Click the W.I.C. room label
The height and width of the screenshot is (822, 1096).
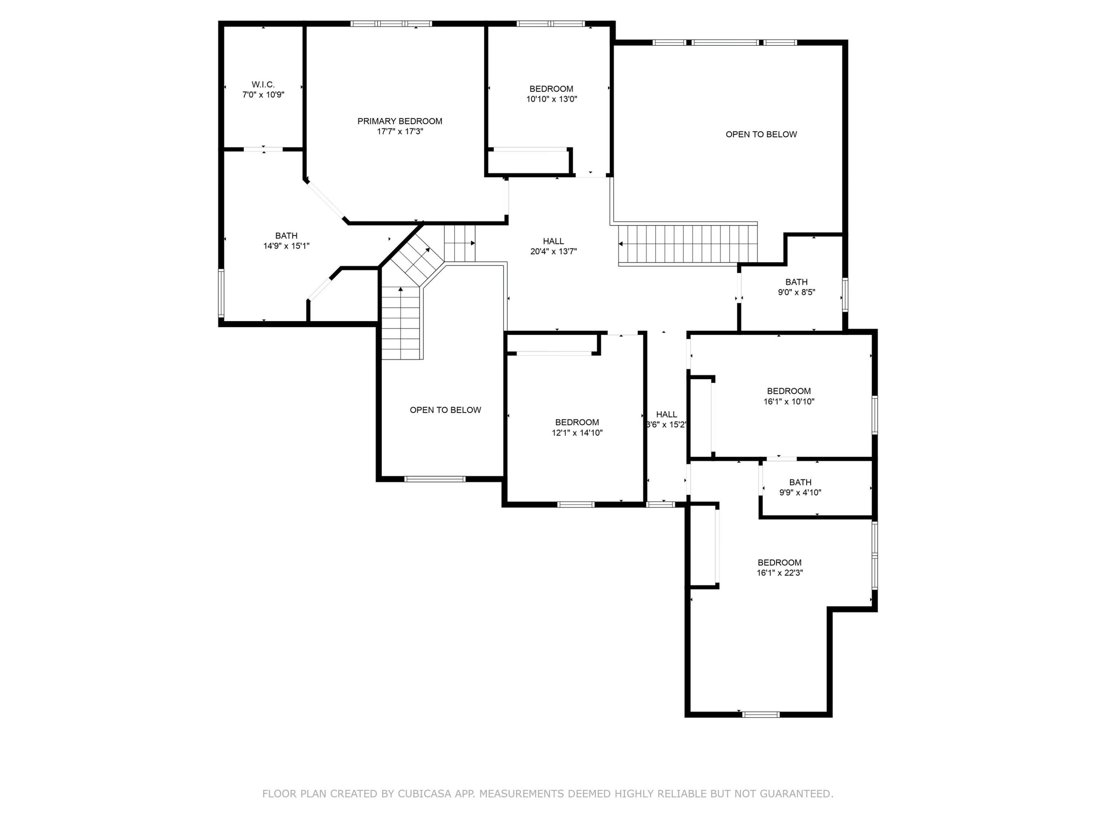[x=263, y=85]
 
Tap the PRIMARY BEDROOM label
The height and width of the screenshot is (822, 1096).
[x=399, y=121]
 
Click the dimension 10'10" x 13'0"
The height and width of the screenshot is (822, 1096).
[x=551, y=99]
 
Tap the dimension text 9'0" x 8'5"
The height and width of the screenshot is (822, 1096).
[x=796, y=292]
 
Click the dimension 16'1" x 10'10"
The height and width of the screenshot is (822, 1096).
[x=788, y=402]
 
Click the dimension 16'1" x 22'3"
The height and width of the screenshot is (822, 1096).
[x=779, y=573]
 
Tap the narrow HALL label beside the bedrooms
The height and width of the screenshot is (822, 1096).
[x=666, y=415]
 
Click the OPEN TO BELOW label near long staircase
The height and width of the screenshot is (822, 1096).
[x=761, y=134]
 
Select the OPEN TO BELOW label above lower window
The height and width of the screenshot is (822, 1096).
[x=445, y=410]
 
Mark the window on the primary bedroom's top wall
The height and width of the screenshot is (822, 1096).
[x=391, y=23]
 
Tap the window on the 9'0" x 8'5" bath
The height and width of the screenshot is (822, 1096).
[x=845, y=295]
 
